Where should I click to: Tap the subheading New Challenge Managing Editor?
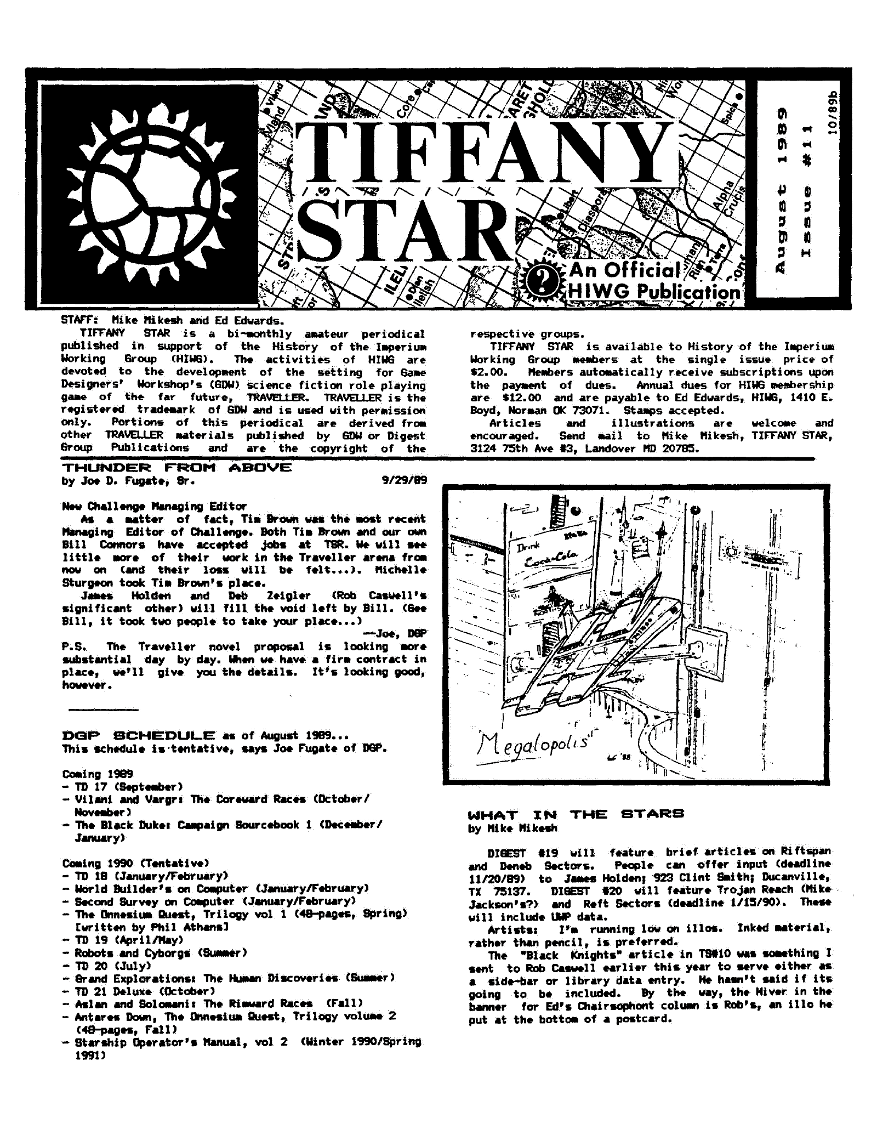tap(155, 506)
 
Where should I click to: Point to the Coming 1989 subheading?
tap(90, 774)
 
